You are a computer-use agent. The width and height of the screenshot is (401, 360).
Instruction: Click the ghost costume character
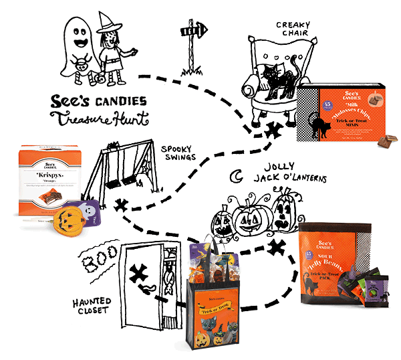(76, 48)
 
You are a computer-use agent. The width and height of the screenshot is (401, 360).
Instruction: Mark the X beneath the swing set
(121, 203)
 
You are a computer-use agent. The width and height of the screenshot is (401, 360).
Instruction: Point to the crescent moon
(235, 177)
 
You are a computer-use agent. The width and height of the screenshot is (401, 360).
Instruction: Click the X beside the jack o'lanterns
(273, 249)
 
